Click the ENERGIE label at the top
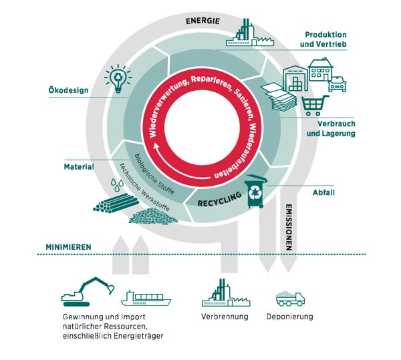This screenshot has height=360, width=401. pos(202,21)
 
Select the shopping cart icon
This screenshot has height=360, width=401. pos(313,106)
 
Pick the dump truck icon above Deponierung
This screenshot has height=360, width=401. pos(291,297)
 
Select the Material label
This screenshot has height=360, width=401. pos(78,166)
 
